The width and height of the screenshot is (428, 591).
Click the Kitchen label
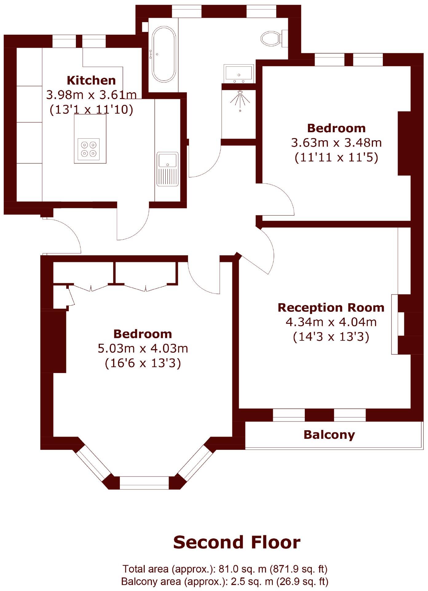click(91, 80)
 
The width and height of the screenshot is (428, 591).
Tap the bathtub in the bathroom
click(164, 54)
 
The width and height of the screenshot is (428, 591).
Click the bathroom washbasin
click(239, 74)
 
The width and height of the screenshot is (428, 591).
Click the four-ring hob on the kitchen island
click(89, 149)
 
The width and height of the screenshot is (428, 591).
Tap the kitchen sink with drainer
click(167, 169)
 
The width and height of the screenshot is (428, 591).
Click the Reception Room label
click(331, 307)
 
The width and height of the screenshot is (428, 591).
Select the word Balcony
click(329, 435)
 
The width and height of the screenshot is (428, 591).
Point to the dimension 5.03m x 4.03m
click(143, 348)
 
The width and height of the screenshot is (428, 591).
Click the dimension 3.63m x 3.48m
click(336, 143)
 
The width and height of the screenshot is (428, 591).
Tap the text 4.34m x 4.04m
click(331, 322)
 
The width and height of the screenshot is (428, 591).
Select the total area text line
click(225, 569)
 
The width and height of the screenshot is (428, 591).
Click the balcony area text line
click(225, 581)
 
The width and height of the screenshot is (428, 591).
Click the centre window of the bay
click(144, 483)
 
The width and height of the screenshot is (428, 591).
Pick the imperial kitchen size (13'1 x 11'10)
click(91, 109)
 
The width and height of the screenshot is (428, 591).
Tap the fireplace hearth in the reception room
click(395, 324)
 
